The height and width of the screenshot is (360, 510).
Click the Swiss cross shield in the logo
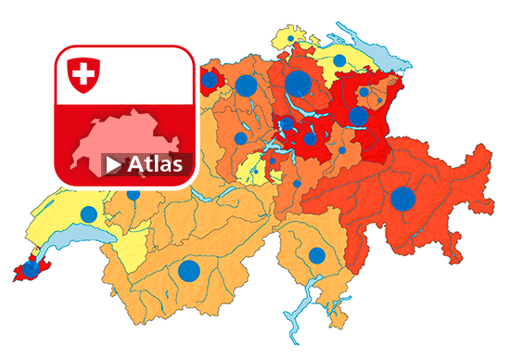[84, 74]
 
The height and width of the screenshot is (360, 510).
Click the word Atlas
[157, 164]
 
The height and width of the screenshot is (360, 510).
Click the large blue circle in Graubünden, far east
[402, 199]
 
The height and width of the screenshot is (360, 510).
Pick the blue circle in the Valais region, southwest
[188, 271]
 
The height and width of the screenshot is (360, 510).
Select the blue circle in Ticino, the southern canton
[316, 255]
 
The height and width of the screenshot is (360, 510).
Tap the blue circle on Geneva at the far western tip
[31, 269]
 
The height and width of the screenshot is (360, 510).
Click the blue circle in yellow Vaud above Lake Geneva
[88, 214]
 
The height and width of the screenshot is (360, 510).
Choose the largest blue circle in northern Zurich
[298, 83]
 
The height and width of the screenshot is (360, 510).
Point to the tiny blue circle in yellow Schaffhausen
[291, 39]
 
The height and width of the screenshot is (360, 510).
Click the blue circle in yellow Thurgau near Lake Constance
[339, 59]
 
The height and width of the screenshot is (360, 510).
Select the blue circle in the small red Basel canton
[210, 80]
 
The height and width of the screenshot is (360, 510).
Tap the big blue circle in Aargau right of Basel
[246, 86]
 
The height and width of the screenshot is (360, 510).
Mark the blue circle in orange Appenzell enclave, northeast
[363, 92]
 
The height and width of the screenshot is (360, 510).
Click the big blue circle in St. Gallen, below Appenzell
[358, 117]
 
